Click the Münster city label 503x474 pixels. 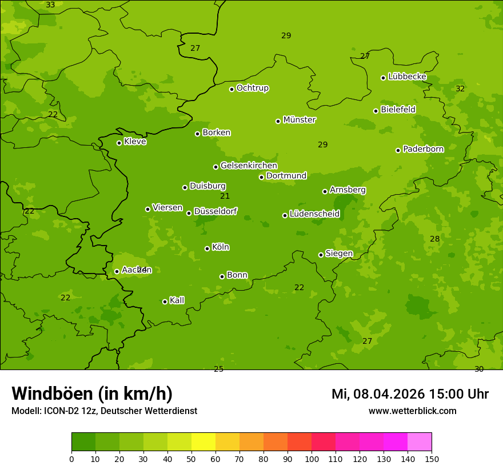tap(299, 120)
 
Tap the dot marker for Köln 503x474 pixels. tap(207, 248)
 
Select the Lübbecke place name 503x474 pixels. tap(407, 77)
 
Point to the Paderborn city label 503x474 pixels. tap(423, 149)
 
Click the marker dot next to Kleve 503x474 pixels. tap(119, 143)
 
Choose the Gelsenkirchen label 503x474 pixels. tap(249, 166)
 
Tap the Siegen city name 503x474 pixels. tap(339, 254)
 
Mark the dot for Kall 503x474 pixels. tap(165, 302)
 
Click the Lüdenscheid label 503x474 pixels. tap(314, 214)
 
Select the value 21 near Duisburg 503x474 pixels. tap(225, 196)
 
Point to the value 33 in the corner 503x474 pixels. tap(50, 5)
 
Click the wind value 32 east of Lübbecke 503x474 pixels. tap(460, 89)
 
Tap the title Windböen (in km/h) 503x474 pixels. tap(92, 393)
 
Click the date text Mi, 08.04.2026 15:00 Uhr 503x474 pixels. tap(410, 394)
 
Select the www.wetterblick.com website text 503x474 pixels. tap(412, 411)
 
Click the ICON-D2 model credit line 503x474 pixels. tap(104, 411)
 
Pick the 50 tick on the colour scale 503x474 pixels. tap(191, 459)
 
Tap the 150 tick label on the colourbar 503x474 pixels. tap(432, 459)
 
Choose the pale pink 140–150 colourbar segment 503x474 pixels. tap(420, 442)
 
